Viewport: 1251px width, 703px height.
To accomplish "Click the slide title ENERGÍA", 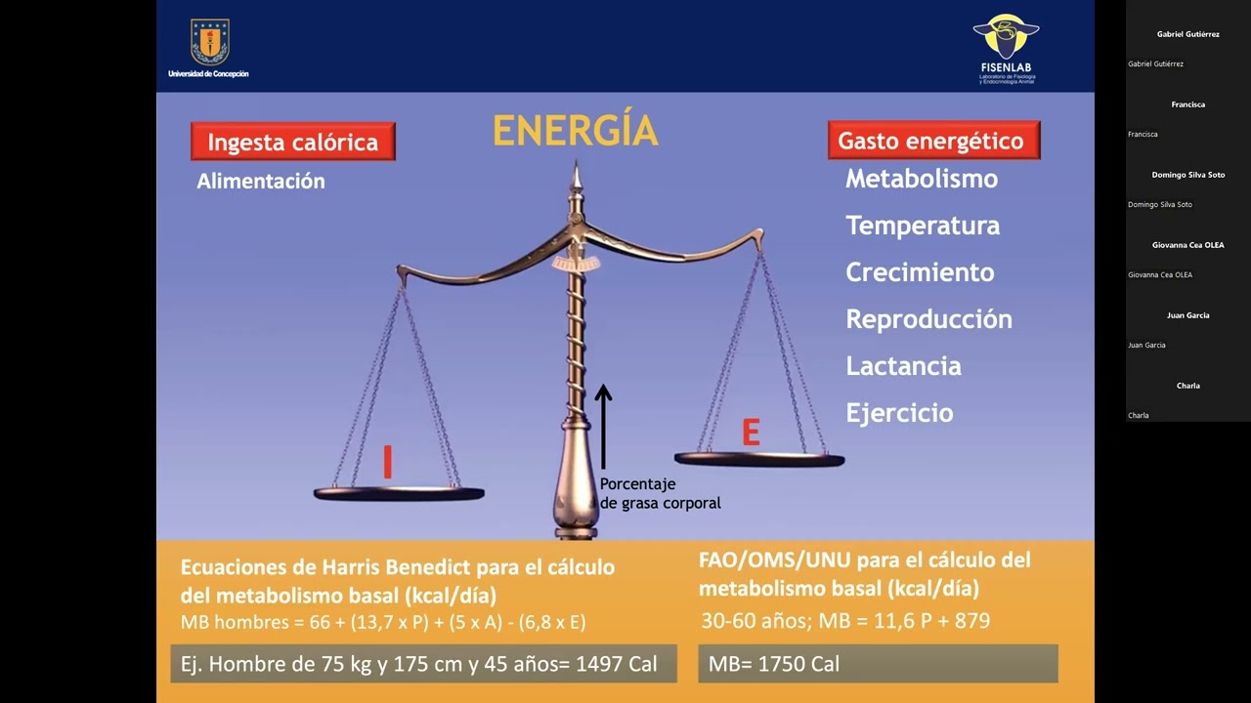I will point(575,131).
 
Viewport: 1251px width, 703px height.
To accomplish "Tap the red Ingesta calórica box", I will point(292,143).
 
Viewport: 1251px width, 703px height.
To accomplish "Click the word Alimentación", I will point(260,181).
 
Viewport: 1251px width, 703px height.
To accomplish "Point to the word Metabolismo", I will point(921,179).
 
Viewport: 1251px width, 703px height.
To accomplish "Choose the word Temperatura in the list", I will point(922,226).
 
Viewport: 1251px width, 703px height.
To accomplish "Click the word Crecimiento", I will point(919,272).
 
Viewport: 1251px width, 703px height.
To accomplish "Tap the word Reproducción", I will point(928,319).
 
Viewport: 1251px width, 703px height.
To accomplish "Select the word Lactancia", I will point(903,366).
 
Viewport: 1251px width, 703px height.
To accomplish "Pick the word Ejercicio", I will point(899,413).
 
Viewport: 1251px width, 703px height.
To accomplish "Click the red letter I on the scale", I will point(388,462).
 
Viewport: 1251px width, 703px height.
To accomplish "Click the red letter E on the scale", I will point(751,433).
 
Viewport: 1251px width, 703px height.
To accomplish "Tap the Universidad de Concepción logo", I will point(208,48).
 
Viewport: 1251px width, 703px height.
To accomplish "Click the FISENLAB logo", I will point(1006,48).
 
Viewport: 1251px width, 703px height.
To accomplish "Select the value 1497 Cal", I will point(616,665).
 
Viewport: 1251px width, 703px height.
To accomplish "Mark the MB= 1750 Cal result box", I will point(877,664).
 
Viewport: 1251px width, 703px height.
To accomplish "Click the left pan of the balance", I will point(399,493).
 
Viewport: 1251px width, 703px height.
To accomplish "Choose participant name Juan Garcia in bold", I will point(1187,315).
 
